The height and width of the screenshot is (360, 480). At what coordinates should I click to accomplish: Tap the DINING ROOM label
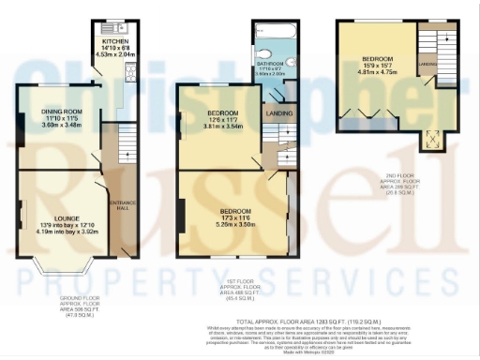tap(62, 112)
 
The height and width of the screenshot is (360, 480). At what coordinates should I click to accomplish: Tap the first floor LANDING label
tap(279, 116)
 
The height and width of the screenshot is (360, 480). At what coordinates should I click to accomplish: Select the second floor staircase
tap(428, 46)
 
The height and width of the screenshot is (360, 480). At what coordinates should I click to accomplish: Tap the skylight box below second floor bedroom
tap(433, 141)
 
